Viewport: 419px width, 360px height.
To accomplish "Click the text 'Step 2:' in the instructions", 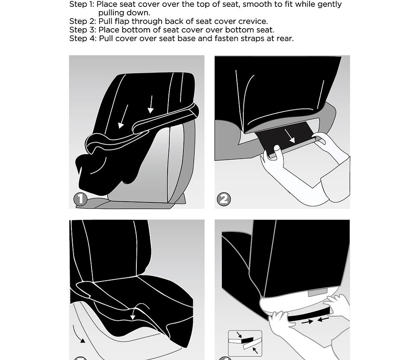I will click(83, 21).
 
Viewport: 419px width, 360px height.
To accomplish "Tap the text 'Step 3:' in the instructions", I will click(83, 30).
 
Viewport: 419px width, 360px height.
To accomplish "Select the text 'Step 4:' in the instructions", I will click(83, 38).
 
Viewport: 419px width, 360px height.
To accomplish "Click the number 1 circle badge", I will click(80, 199).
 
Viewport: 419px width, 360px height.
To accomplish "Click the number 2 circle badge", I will click(224, 199).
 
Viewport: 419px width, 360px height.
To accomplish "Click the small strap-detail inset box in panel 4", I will click(245, 343).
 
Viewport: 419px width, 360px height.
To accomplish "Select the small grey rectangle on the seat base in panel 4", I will click(318, 293).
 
